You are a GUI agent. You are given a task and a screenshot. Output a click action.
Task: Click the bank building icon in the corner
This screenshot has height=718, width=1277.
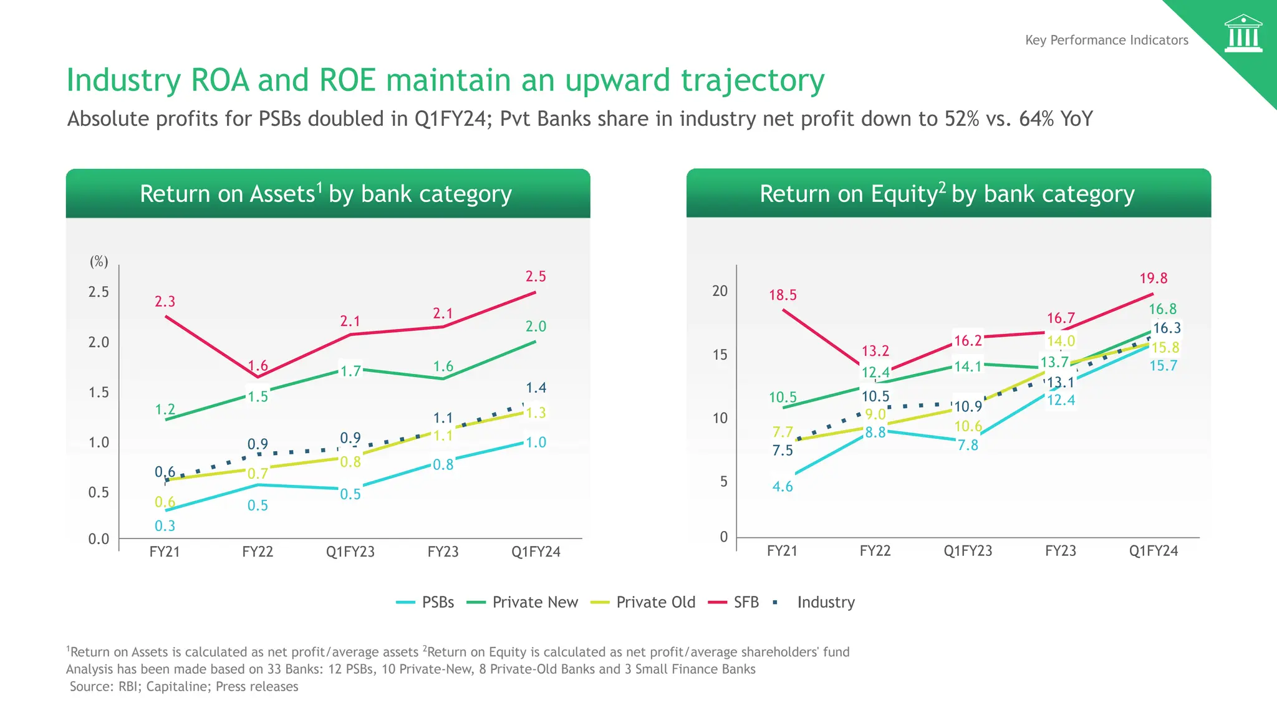pyautogui.click(x=1243, y=34)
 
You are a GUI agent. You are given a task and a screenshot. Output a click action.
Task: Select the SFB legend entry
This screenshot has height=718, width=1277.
pyautogui.click(x=746, y=602)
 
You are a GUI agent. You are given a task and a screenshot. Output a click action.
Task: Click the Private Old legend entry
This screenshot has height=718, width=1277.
pyautogui.click(x=655, y=602)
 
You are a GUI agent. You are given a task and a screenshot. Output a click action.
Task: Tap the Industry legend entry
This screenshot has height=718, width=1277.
pyautogui.click(x=826, y=602)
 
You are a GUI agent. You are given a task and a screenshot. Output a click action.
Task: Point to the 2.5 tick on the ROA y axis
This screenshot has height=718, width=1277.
pyautogui.click(x=99, y=292)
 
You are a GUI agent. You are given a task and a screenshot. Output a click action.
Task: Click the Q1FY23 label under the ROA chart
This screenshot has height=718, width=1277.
pyautogui.click(x=350, y=552)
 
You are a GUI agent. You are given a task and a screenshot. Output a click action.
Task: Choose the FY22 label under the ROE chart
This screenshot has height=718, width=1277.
pyautogui.click(x=875, y=551)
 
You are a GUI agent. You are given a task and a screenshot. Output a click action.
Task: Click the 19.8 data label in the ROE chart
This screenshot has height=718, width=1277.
pyautogui.click(x=1154, y=278)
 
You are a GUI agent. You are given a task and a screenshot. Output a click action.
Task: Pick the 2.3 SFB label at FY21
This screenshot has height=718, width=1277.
pyautogui.click(x=165, y=302)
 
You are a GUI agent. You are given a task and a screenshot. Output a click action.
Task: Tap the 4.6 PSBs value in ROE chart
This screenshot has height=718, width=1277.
pyautogui.click(x=783, y=487)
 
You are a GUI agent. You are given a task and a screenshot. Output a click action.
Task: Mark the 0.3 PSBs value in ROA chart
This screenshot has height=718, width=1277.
pyautogui.click(x=165, y=526)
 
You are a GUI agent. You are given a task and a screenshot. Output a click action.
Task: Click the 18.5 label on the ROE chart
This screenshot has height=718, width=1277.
pyautogui.click(x=783, y=295)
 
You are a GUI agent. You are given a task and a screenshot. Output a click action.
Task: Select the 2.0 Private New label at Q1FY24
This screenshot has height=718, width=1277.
pyautogui.click(x=536, y=327)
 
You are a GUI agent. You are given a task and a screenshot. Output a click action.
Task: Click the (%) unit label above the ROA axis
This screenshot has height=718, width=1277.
pyautogui.click(x=99, y=262)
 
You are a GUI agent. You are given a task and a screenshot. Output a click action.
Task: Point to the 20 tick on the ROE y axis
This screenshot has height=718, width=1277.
pyautogui.click(x=720, y=291)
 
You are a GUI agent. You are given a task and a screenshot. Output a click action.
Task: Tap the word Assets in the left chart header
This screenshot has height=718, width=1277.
pyautogui.click(x=282, y=194)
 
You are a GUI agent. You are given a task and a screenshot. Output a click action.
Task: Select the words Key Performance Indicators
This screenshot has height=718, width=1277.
pyautogui.click(x=1107, y=40)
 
